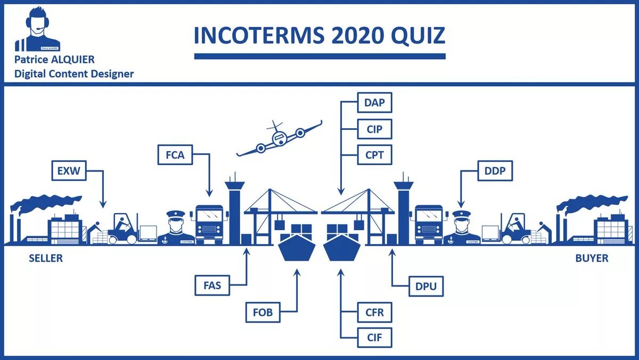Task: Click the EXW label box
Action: pos(69,171)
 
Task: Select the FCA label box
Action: pos(175,156)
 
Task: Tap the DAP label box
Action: pos(374,103)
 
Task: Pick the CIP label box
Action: pos(374,129)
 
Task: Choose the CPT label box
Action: pos(374,155)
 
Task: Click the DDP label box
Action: pos(495,171)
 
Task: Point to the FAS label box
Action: pos(212,285)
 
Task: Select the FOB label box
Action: pos(263,312)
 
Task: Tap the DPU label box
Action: pos(425,286)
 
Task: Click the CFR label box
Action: pos(374,312)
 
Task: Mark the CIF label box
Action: pos(374,338)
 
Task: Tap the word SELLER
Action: pos(45,258)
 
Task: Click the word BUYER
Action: pos(592,258)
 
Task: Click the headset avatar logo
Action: pos(38,30)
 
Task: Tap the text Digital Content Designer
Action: pos(74,73)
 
